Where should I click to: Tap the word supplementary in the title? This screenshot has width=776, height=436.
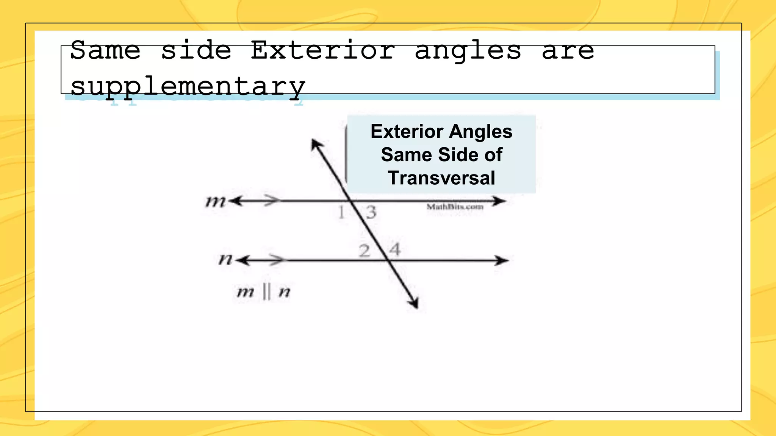[x=188, y=86]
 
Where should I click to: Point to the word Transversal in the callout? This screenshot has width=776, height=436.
[x=441, y=178]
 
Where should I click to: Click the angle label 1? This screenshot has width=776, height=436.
[x=341, y=212]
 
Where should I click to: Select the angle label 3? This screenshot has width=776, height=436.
[x=371, y=212]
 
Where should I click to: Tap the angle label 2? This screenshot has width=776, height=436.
[x=364, y=251]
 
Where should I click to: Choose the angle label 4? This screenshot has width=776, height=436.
[x=395, y=249]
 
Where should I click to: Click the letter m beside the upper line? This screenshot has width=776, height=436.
[x=215, y=201]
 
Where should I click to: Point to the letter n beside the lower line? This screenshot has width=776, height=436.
[x=225, y=260]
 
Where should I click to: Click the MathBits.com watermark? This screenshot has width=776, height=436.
[x=455, y=207]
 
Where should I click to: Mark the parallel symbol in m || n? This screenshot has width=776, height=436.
[x=266, y=292]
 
